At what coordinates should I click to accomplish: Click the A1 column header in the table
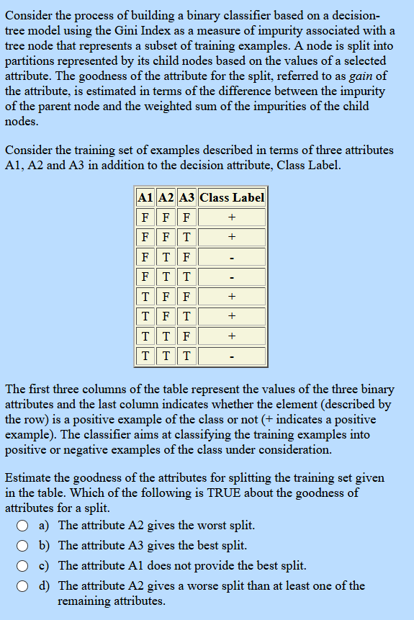point(145,197)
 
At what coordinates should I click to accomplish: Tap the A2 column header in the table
point(166,197)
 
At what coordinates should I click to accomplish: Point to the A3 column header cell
point(186,197)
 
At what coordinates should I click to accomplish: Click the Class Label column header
point(232,197)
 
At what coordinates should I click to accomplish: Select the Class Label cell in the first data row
point(232,217)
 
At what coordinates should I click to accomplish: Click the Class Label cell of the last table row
point(232,356)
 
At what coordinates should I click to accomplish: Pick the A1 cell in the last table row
point(145,356)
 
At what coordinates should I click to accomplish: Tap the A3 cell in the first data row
point(186,217)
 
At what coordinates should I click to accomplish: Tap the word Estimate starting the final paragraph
point(29,477)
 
